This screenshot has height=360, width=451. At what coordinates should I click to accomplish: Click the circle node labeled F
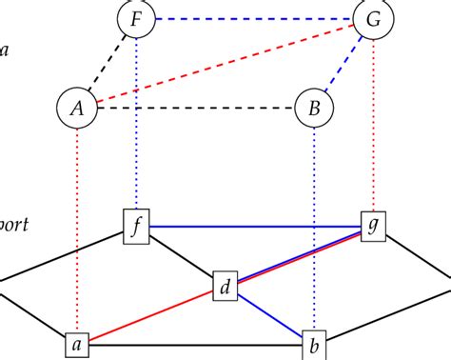[x=135, y=18]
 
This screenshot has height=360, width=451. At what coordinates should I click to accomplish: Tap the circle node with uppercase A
[x=76, y=108]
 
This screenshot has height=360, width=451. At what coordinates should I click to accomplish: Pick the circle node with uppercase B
[x=313, y=108]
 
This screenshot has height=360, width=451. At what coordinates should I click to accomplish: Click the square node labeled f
[x=137, y=228]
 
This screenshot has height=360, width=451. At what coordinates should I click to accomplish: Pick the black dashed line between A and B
[x=194, y=108]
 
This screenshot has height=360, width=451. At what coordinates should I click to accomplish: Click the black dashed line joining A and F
[x=106, y=63]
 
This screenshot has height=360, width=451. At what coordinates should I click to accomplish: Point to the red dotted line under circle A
[x=76, y=229]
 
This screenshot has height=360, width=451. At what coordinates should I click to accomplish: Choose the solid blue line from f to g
[x=255, y=227]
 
